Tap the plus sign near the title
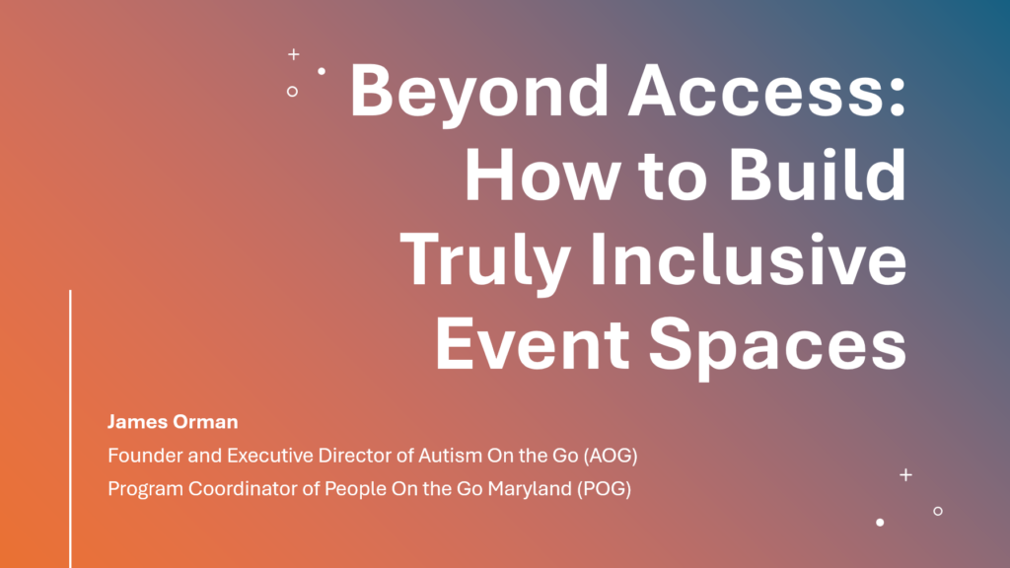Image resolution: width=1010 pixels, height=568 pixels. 293,54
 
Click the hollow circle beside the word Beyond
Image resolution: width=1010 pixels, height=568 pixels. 292,91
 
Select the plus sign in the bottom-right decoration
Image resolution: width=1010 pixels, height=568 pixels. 905,475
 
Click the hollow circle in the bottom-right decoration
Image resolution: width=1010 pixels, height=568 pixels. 937,511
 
